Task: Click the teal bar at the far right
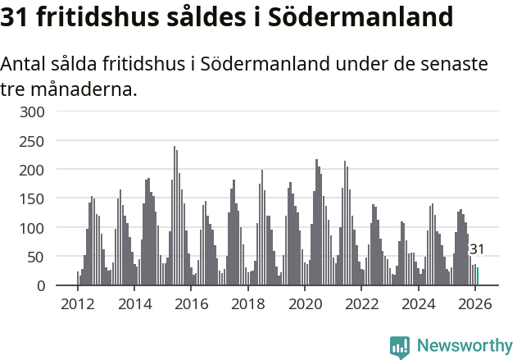[478, 276]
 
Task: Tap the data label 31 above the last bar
[476, 249]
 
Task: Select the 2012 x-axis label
[78, 303]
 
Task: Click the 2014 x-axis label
[134, 303]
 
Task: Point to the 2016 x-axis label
[191, 303]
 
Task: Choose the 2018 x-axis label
[247, 303]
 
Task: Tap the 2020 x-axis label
[304, 303]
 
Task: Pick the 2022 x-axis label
[361, 303]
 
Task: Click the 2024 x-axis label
[418, 303]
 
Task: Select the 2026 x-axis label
[474, 303]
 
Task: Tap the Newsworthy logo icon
[400, 346]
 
